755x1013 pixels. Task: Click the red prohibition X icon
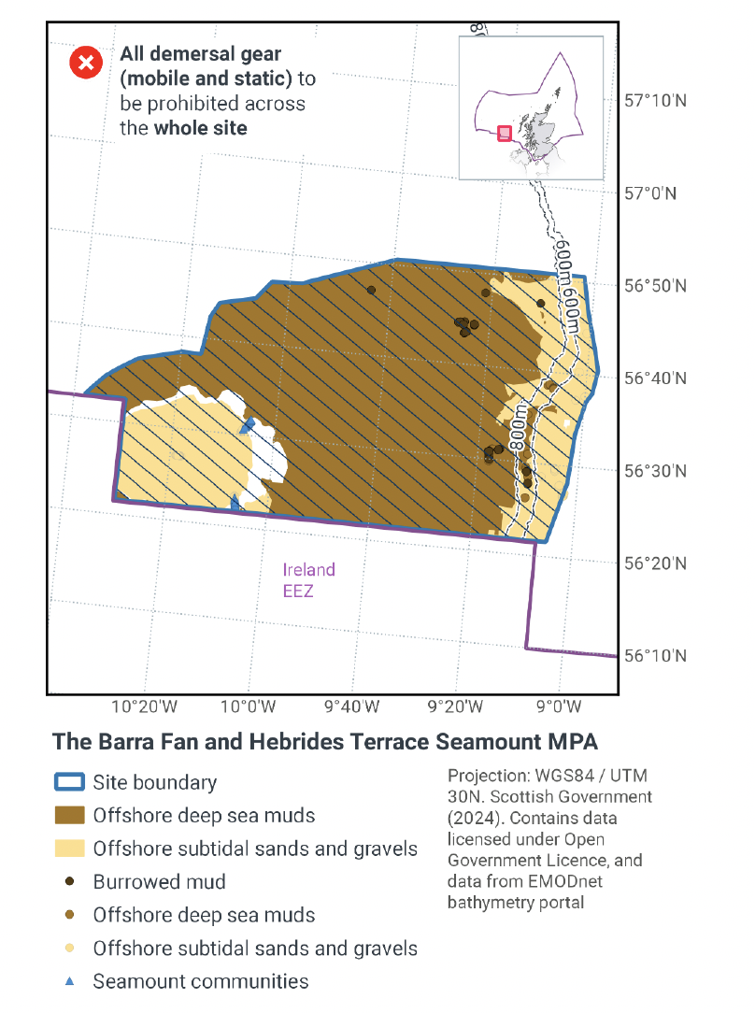(86, 64)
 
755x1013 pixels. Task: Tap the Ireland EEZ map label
(308, 579)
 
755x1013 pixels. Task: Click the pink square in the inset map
(505, 134)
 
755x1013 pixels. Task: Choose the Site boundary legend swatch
(69, 783)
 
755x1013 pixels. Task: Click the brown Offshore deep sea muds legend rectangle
(69, 816)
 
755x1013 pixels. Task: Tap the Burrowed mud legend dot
(69, 881)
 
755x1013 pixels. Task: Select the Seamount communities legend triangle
(69, 981)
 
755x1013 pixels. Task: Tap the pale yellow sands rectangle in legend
(69, 849)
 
